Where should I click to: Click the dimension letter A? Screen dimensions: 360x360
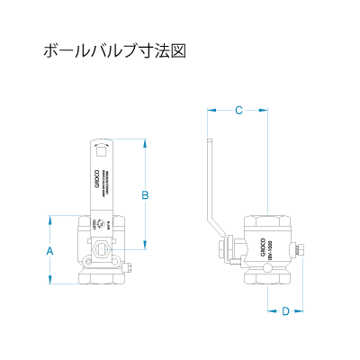click(x=50, y=252)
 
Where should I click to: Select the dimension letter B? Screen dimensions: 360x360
click(x=145, y=194)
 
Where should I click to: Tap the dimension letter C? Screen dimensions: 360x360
click(x=238, y=111)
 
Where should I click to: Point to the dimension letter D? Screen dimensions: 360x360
click(x=285, y=311)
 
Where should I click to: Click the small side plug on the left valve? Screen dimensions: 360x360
click(x=130, y=267)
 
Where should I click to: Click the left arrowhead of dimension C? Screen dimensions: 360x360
click(x=210, y=111)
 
